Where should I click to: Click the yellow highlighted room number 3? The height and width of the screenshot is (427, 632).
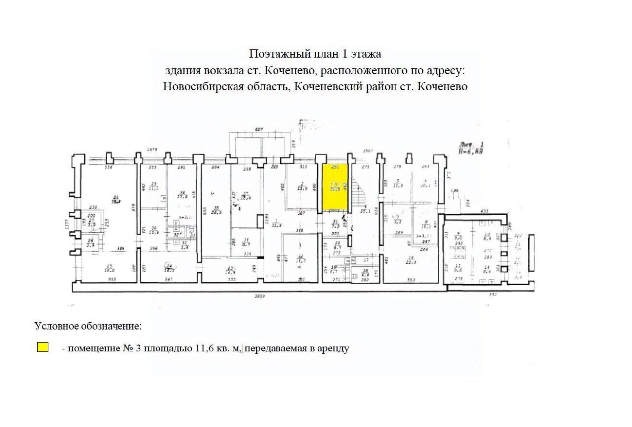coord(335,186)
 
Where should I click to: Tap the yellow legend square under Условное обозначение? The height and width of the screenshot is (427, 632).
coord(43,348)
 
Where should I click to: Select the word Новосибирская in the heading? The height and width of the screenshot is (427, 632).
coord(193,86)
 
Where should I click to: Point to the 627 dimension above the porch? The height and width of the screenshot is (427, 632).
coord(258,130)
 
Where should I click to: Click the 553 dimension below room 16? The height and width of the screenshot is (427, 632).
coord(411,280)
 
